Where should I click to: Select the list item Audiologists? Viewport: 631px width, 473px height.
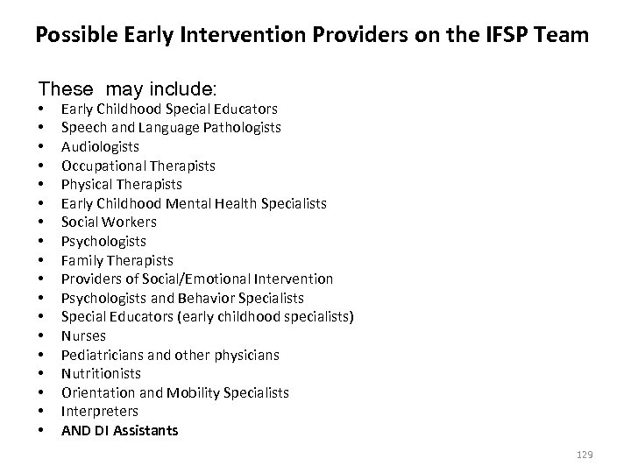pos(100,147)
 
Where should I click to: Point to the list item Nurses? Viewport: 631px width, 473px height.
pos(83,336)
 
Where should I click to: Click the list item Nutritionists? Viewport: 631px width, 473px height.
pos(101,374)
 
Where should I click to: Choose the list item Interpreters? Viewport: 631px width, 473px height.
pos(100,412)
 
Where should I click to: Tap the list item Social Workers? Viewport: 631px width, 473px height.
pos(110,222)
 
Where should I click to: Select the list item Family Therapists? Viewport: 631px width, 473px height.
pos(117,261)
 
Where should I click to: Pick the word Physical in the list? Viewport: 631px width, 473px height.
pos(87,185)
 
